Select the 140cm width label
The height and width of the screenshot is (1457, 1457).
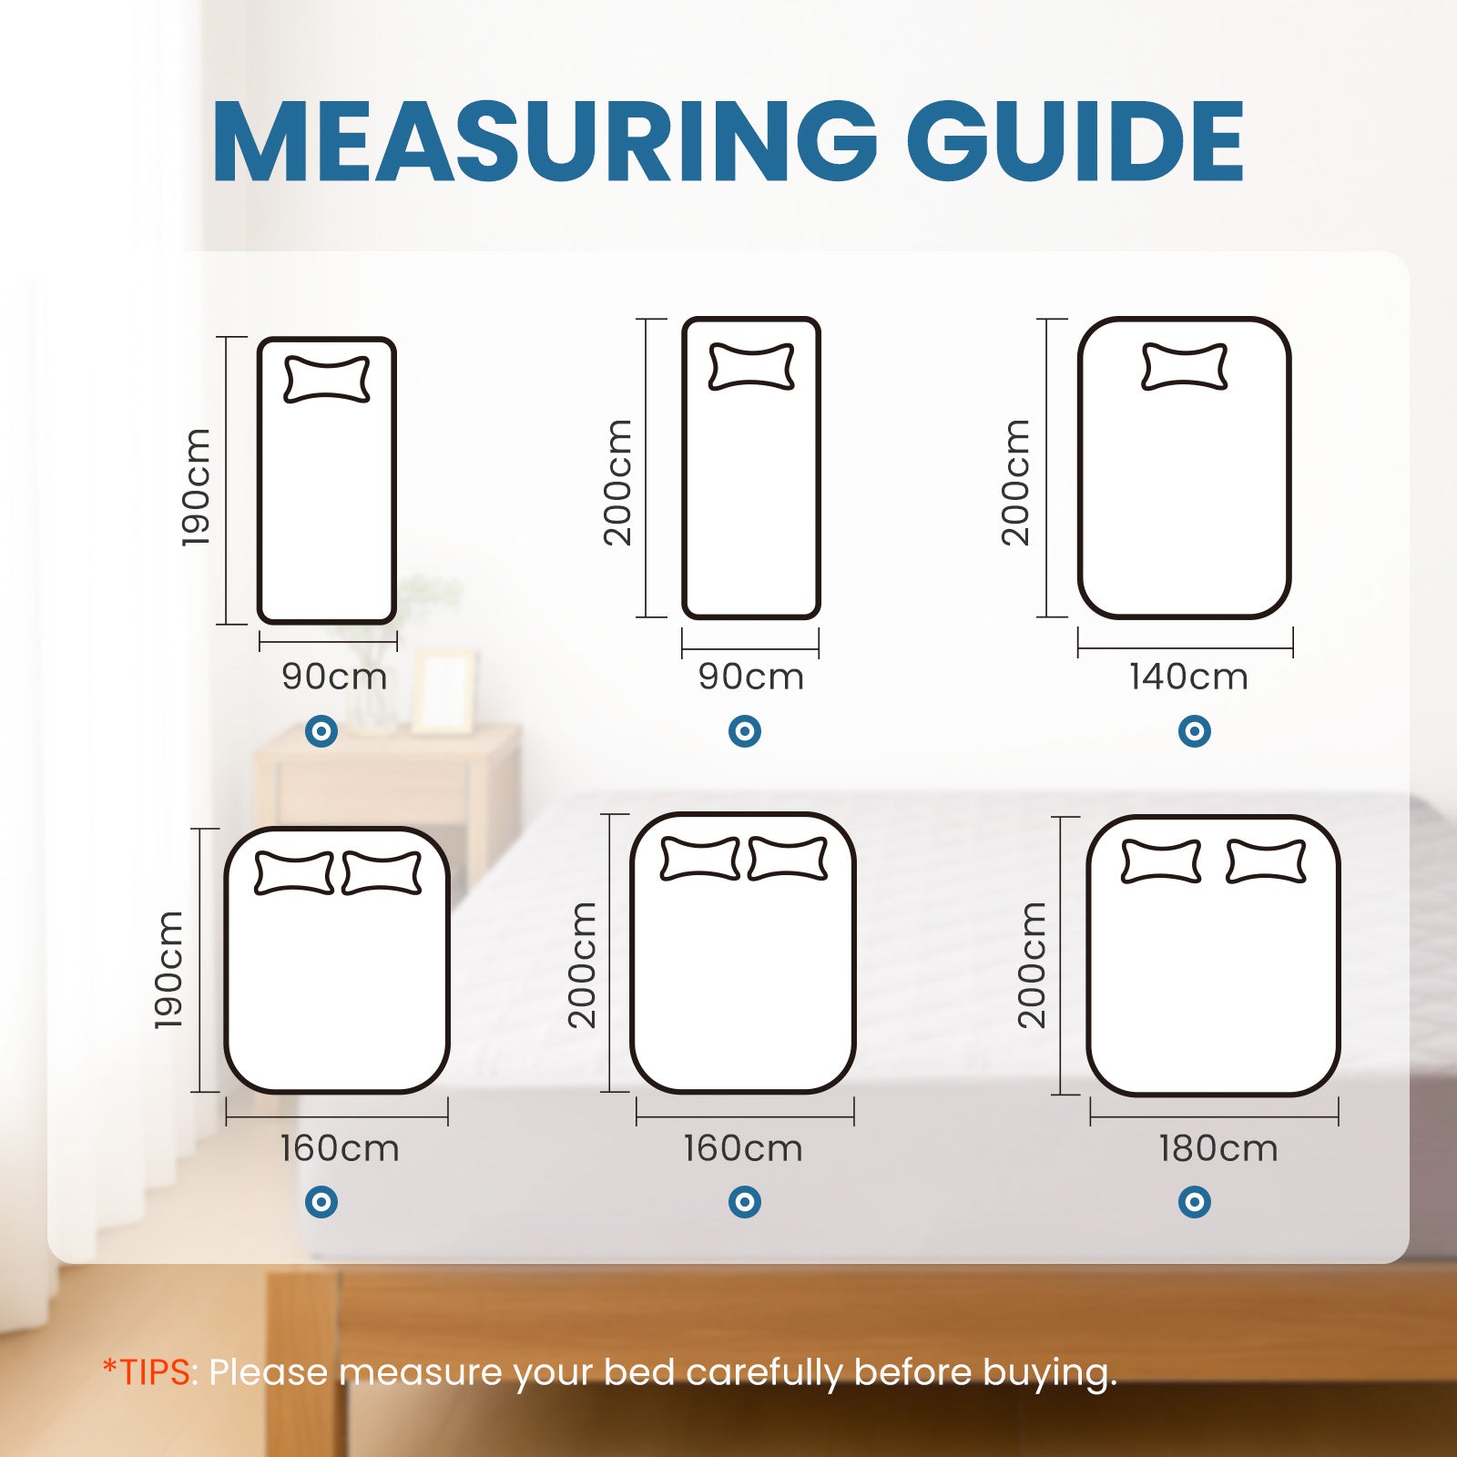tap(1188, 678)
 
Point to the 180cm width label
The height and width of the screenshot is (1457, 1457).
tap(1218, 1149)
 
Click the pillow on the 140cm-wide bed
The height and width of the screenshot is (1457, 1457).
tap(1184, 367)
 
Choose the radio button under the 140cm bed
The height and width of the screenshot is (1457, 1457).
tap(1194, 730)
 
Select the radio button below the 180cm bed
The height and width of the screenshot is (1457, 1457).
tap(1194, 1202)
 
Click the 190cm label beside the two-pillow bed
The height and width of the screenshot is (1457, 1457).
tap(170, 971)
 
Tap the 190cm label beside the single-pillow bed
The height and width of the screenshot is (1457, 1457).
tap(197, 488)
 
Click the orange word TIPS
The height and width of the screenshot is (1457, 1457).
tap(157, 1371)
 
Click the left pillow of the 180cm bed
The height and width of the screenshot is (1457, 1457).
tap(1161, 861)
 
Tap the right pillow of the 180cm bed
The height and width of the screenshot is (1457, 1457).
tap(1266, 861)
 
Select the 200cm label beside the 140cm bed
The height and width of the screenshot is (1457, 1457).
tap(1016, 483)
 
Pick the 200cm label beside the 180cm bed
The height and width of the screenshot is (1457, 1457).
tap(1033, 965)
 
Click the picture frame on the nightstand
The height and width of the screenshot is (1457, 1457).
tap(443, 692)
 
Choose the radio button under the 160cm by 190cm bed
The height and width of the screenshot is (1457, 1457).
tap(321, 1202)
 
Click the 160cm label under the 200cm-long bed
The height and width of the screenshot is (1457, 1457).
tap(743, 1149)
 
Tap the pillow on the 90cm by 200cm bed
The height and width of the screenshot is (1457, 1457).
tap(751, 367)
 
